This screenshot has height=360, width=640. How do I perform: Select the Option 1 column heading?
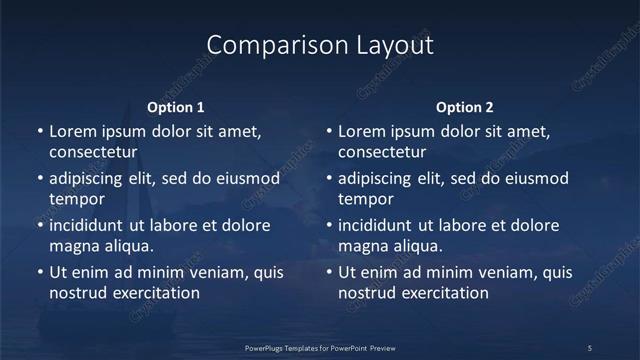point(176,108)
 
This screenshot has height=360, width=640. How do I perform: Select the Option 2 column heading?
point(465,108)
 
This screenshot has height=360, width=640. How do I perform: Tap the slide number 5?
point(590,347)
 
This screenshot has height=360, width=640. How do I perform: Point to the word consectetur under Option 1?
point(92,153)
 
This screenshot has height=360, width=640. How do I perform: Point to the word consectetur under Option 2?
point(382,153)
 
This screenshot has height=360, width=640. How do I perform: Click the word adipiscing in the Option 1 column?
point(92,178)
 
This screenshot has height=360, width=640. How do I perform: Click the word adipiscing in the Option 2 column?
point(382,178)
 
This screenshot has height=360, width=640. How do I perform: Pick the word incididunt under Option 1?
point(94,225)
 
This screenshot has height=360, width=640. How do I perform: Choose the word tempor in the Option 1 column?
point(74,200)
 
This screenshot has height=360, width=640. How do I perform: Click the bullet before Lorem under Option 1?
point(39,131)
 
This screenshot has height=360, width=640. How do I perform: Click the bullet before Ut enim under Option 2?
point(329,272)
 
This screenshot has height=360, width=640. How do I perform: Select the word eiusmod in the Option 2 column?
point(535,178)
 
